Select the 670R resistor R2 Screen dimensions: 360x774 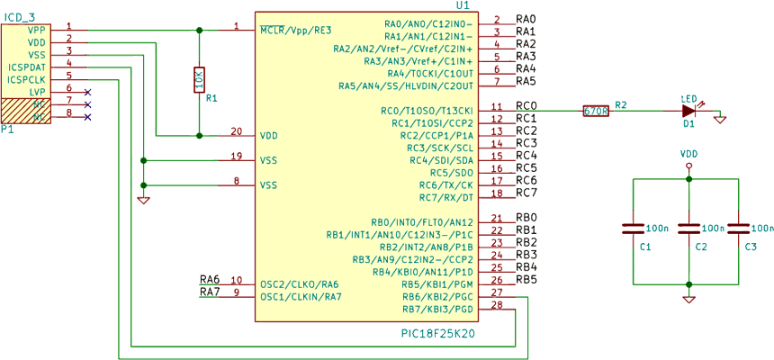click(x=596, y=111)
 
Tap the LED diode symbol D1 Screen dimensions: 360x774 click(x=688, y=111)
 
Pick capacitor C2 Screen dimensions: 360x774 click(x=688, y=229)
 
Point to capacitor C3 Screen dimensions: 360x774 click(x=738, y=229)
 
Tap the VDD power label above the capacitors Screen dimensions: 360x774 click(x=688, y=154)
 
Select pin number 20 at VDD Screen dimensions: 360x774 click(x=236, y=130)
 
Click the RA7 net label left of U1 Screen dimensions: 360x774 click(x=209, y=292)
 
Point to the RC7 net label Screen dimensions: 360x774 click(x=526, y=193)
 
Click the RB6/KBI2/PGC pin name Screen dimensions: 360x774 click(x=437, y=296)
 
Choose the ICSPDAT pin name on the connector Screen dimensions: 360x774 click(x=27, y=67)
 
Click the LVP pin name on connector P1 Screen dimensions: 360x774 click(x=37, y=92)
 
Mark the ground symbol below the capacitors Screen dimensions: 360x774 click(x=688, y=298)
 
